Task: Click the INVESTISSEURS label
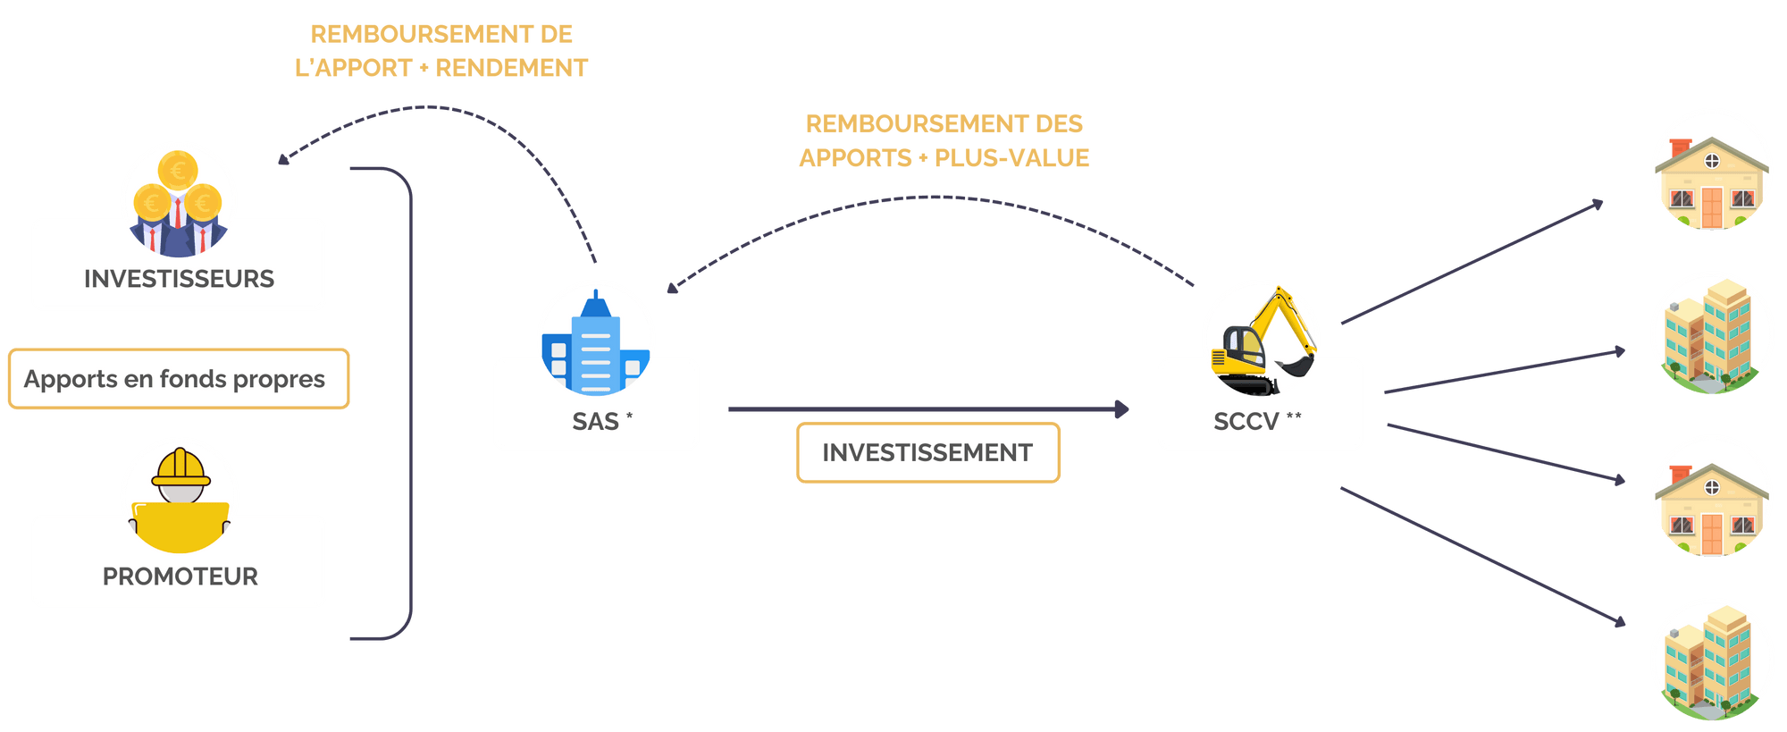pos(179,279)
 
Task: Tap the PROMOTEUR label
pos(180,576)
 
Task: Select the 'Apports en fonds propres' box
pos(178,379)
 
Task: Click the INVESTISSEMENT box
pos(927,453)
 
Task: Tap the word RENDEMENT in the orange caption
pos(512,68)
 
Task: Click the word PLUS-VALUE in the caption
pos(1012,158)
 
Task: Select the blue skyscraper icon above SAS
pos(595,344)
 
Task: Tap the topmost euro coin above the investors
pos(178,169)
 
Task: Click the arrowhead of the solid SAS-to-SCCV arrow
pos(1122,409)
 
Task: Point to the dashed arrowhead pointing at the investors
pos(283,160)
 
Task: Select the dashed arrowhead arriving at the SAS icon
pos(673,287)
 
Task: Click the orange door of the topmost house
pos(1711,207)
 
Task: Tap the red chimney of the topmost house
pos(1681,147)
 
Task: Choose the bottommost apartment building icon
pos(1711,660)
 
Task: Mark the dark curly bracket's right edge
pos(412,402)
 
